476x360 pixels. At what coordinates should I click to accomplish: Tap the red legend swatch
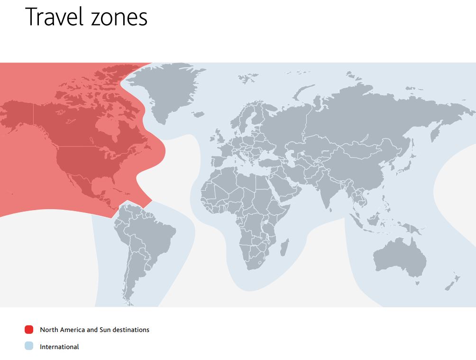[29, 330]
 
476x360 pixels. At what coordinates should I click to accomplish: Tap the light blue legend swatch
[29, 347]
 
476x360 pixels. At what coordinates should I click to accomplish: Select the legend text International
[59, 347]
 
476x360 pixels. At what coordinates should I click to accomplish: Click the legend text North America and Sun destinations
[94, 330]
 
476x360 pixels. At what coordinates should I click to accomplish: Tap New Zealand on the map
[451, 282]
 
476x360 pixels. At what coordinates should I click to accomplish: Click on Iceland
[199, 114]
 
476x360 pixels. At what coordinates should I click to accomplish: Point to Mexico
[85, 185]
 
